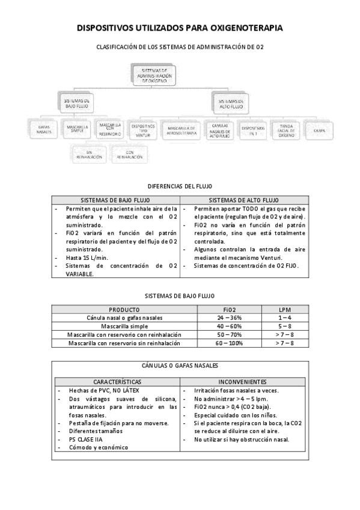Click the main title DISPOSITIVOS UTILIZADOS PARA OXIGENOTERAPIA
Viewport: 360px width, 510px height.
(x=180, y=28)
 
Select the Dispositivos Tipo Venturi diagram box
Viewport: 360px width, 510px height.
(x=143, y=129)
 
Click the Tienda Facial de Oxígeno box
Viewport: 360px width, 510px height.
(x=284, y=129)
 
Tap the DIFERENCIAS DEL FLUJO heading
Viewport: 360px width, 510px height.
(x=180, y=186)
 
